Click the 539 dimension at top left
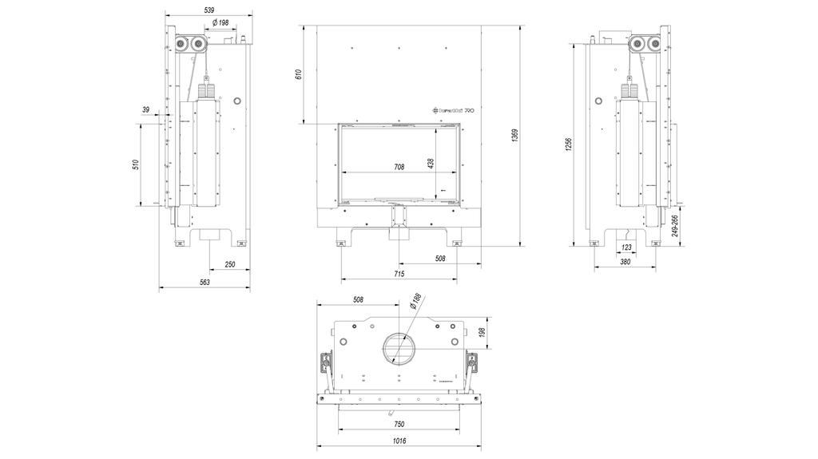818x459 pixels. click(209, 10)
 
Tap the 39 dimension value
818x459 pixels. click(146, 109)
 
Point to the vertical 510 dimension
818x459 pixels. click(136, 165)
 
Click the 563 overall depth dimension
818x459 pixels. click(204, 282)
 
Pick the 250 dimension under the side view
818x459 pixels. click(230, 264)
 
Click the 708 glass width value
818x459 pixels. click(399, 168)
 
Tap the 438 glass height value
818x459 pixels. click(431, 163)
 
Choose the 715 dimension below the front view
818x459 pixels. click(399, 275)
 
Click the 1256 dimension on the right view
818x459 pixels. click(568, 144)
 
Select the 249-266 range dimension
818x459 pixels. click(675, 230)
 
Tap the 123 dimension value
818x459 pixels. click(626, 248)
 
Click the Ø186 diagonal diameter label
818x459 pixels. click(415, 302)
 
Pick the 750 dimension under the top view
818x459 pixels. click(399, 425)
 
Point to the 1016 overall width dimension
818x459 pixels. click(399, 440)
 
